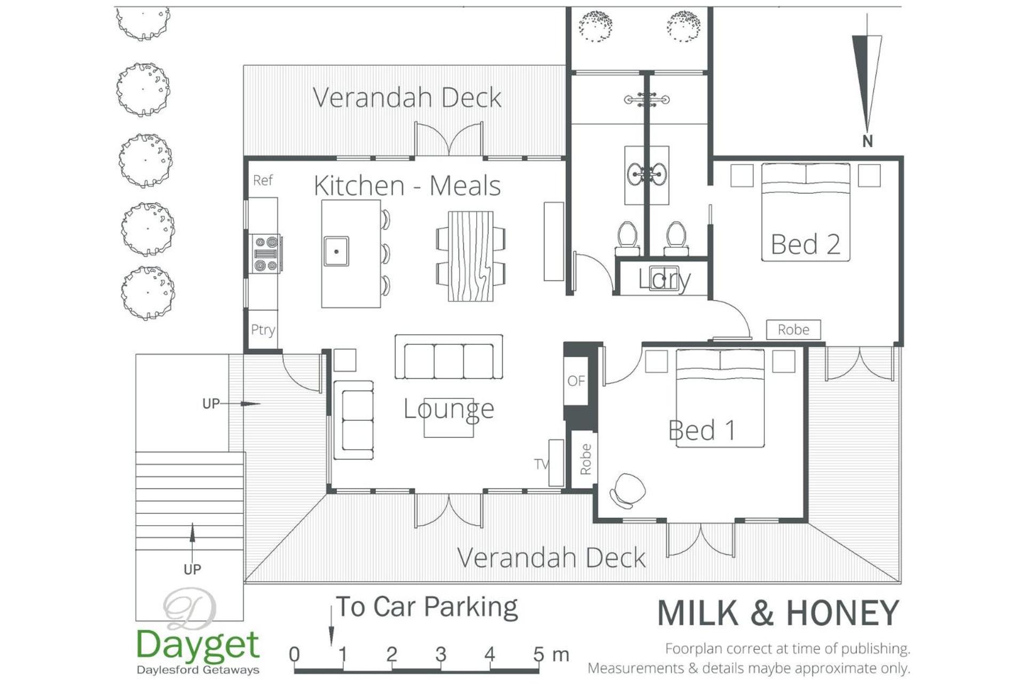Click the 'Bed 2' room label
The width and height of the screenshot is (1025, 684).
coord(806,244)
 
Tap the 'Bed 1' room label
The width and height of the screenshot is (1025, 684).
coord(702,430)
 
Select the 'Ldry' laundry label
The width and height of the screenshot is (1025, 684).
coord(665,279)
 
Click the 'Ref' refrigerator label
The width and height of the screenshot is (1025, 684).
coord(263,180)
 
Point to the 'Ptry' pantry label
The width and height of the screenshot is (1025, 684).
coord(263,330)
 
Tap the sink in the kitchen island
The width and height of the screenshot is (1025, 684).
coord(336,251)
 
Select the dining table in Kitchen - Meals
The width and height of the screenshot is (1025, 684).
coord(470,256)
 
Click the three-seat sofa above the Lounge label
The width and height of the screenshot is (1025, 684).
coord(449,357)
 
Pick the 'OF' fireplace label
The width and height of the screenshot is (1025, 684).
coord(576,381)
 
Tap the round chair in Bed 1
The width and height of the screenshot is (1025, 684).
coord(628,491)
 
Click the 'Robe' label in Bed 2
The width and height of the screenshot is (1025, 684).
coord(793,330)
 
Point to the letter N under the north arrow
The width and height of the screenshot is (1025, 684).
coord(868,141)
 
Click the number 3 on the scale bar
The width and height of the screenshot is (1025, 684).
coord(441,654)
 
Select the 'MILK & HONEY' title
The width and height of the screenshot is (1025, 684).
coord(778,613)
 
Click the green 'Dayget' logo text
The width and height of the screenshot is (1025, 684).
coord(198,644)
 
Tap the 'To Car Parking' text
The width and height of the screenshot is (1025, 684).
coord(427,608)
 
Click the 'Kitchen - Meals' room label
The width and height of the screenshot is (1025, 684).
coord(407,186)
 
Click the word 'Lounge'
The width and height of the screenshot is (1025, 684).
coord(449,409)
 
